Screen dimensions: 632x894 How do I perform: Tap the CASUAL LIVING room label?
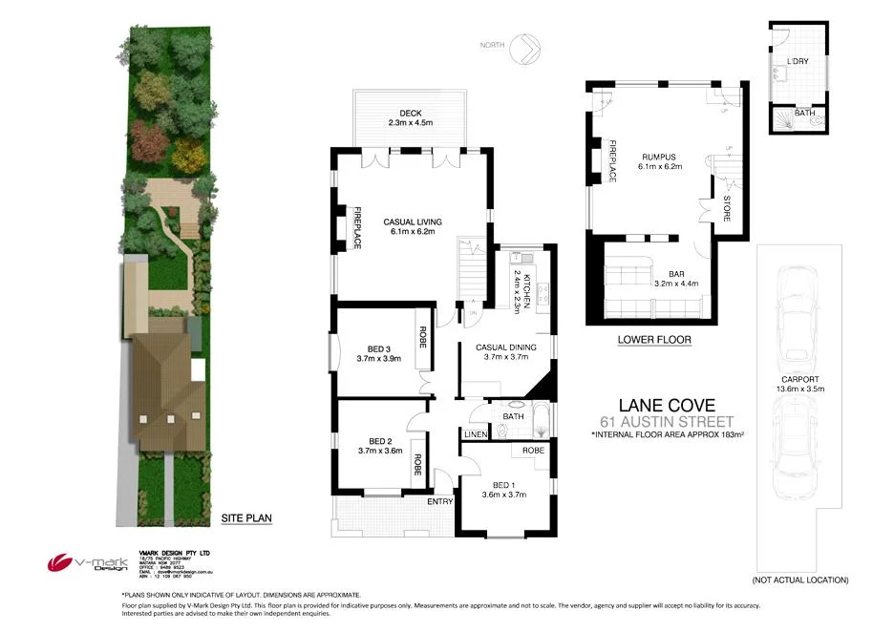[412, 221]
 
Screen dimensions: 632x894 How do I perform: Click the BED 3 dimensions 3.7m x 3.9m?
[379, 359]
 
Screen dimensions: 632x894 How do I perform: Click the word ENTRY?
[440, 502]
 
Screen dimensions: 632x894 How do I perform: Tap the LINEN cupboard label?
[476, 435]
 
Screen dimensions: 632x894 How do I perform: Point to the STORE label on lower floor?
[727, 207]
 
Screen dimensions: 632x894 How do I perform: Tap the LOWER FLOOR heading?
[653, 340]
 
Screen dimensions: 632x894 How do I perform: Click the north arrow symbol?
[524, 47]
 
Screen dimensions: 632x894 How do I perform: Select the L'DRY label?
[798, 62]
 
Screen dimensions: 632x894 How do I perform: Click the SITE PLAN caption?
[246, 518]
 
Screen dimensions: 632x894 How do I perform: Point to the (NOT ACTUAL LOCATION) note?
[799, 579]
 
